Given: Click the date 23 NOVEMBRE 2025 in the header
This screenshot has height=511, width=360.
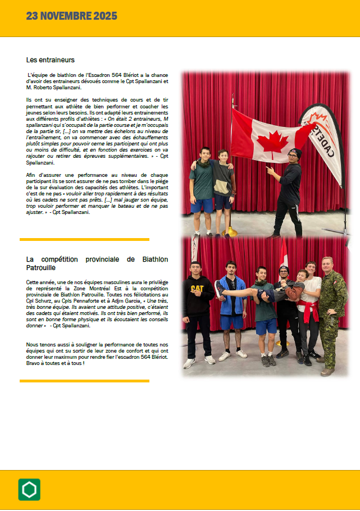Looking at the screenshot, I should click(x=71, y=15).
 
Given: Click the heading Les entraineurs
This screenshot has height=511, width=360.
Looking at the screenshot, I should click(x=50, y=60).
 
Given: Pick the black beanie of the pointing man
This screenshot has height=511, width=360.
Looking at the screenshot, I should click(x=295, y=152).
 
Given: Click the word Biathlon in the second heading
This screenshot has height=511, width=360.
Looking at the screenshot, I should click(x=148, y=259).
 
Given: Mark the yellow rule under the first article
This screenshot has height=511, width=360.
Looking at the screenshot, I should click(x=84, y=239).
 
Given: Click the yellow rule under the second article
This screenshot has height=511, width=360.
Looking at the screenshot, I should click(x=84, y=381).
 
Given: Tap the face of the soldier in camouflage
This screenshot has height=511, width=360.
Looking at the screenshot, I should click(x=326, y=264).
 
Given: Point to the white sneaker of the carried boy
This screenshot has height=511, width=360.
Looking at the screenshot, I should click(x=220, y=288).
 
